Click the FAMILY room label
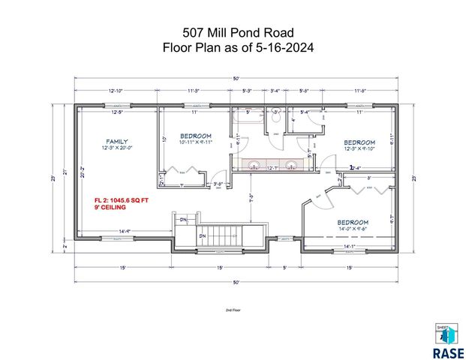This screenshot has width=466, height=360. pos(116,141)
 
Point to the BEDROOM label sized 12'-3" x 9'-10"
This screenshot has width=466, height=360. pos(359,142)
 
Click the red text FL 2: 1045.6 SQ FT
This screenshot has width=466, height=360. pos(121,200)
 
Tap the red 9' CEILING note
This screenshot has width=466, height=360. pos(110,208)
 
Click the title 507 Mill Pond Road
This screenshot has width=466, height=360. pos(233,32)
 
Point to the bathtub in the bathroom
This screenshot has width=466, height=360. pos(246,115)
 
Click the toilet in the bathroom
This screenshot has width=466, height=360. pos(276,118)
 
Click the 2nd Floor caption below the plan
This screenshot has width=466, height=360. pos(233,309)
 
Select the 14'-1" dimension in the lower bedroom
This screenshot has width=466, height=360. pos(350,245)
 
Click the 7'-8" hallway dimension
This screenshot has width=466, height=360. pos(252,199)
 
